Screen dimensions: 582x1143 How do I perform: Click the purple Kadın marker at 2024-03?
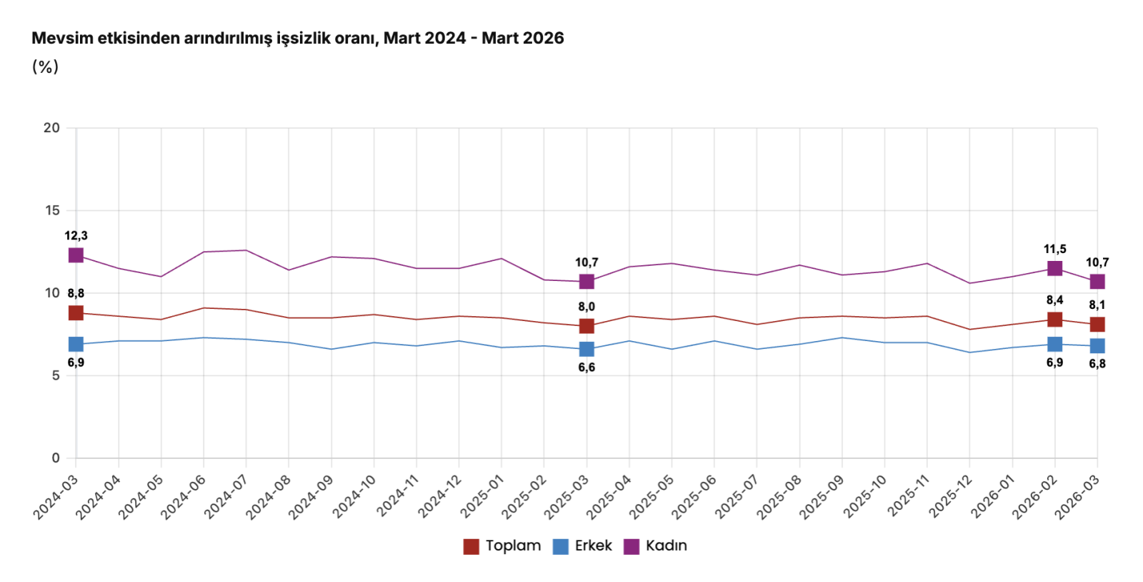coord(76,255)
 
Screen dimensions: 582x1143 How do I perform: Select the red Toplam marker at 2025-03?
coord(587,326)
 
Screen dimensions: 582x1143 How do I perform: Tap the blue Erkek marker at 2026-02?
coord(1054,345)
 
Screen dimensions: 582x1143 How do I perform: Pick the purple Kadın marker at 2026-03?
coord(1097,282)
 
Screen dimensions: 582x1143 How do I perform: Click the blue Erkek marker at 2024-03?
coord(76,345)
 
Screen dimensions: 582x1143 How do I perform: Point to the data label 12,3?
coord(76,236)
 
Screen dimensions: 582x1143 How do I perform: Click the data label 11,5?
coord(1054,250)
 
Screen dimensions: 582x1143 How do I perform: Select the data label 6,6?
coord(587,368)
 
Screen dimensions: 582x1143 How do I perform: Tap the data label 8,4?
coord(1054,300)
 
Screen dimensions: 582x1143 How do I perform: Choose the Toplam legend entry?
coord(502,546)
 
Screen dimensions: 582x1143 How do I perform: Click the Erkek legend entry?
coord(583,546)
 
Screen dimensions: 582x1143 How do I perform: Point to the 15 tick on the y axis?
coord(52,210)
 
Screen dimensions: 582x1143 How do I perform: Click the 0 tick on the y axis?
coord(56,458)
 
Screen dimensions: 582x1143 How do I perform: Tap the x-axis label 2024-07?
coord(227,496)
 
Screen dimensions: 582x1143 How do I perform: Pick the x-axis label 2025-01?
coord(483,496)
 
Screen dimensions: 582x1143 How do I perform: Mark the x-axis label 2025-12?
coord(951,496)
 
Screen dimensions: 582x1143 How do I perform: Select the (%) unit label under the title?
coord(45,67)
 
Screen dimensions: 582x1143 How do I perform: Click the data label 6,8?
coord(1097,364)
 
